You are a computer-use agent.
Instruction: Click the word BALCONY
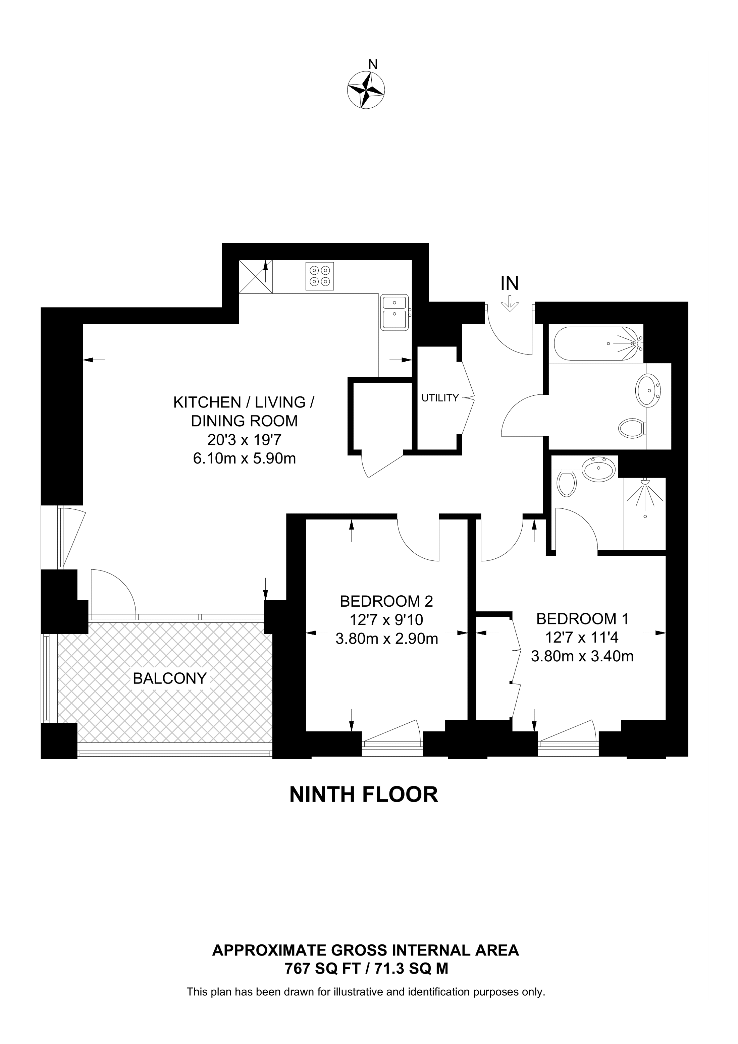(x=170, y=678)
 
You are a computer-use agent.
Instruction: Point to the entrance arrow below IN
(x=510, y=304)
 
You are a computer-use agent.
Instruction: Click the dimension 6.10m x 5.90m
(x=244, y=458)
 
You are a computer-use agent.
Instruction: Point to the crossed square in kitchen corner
(x=256, y=276)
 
